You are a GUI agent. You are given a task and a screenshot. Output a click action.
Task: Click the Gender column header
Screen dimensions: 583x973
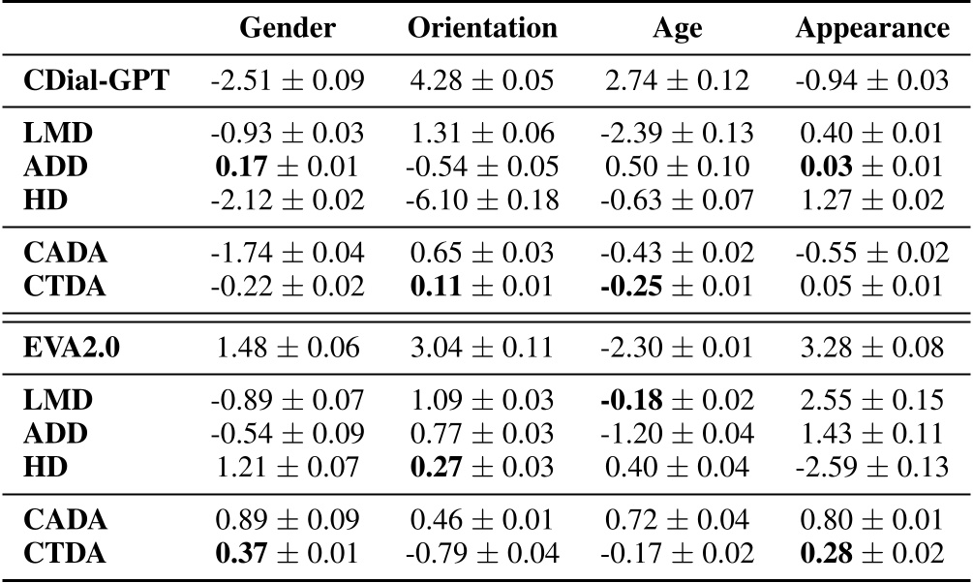tap(288, 28)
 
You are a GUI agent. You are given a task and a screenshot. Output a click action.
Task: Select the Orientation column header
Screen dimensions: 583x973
tap(482, 28)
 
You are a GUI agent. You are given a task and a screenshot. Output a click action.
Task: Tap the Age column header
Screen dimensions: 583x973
tap(677, 29)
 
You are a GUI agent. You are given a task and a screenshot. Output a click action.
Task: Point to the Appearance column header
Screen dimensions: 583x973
tap(872, 28)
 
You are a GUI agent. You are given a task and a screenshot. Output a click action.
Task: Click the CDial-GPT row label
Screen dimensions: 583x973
tap(96, 80)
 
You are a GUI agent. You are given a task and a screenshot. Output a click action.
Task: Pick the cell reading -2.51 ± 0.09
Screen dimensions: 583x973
tap(288, 80)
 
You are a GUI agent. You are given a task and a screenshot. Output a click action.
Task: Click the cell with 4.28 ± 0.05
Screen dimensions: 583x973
tap(482, 80)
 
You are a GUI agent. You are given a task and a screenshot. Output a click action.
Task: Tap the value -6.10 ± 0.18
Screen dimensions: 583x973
tap(482, 200)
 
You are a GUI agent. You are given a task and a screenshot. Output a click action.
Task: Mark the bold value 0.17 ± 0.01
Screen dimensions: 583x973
tap(288, 167)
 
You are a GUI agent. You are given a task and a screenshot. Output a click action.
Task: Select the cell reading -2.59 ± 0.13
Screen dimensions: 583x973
tap(872, 467)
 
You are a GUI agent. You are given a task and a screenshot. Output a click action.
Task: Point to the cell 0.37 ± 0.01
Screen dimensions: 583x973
tap(288, 554)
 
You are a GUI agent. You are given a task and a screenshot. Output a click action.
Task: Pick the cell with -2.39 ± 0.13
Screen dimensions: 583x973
tap(677, 134)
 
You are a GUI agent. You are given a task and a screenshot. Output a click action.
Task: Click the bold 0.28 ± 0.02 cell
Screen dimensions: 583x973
tap(872, 554)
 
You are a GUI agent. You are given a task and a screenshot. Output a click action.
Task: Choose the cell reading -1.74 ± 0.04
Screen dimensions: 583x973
tap(288, 252)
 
